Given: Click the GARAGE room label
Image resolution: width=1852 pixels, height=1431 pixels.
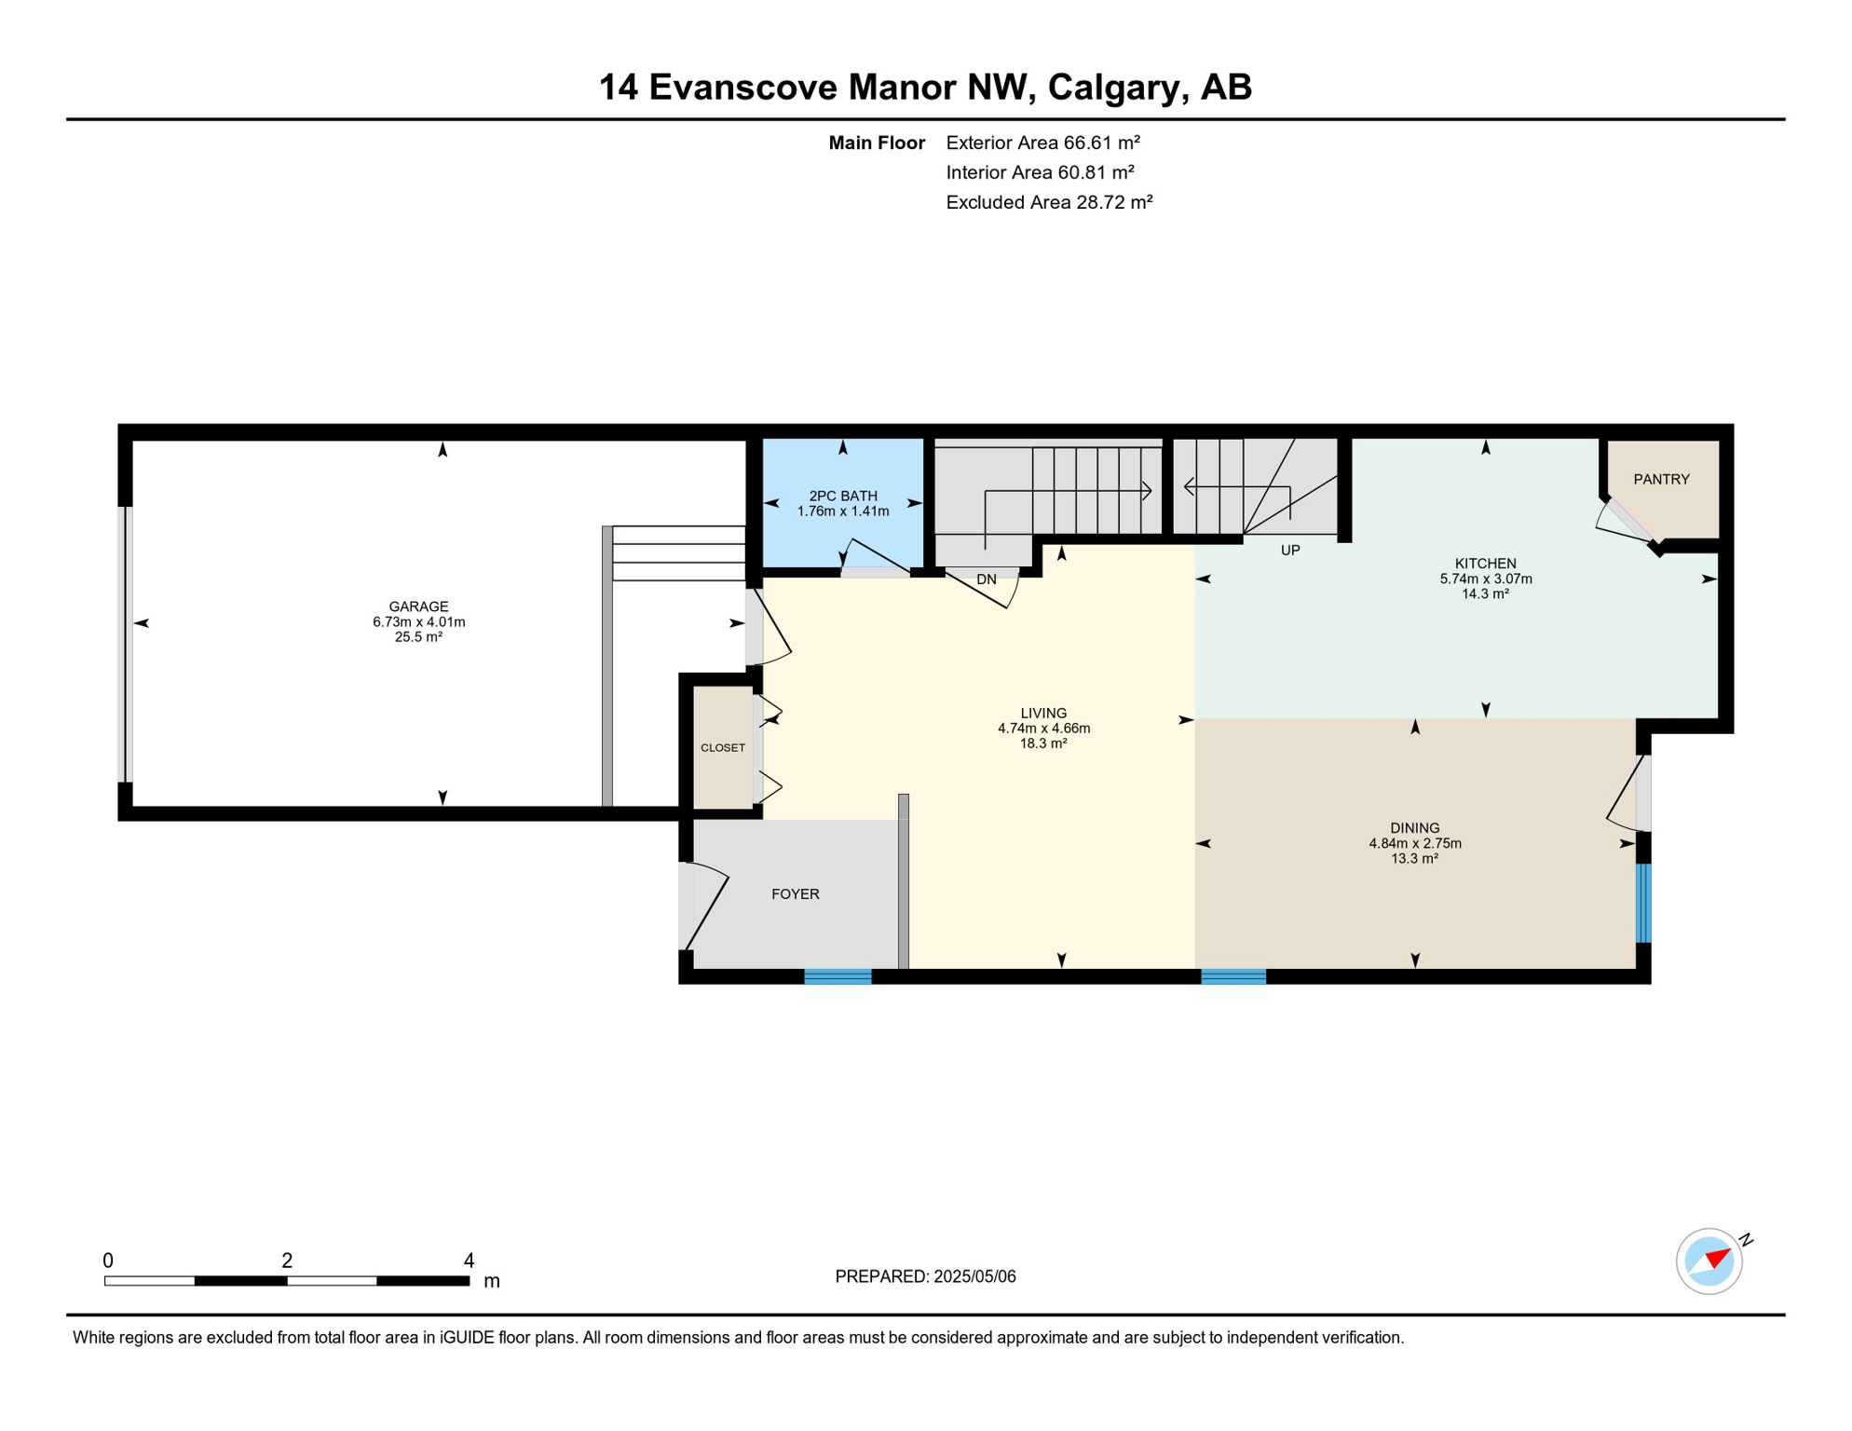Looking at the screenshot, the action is point(418,606).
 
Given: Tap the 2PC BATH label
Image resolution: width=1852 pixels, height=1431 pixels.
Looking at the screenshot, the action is point(843,497).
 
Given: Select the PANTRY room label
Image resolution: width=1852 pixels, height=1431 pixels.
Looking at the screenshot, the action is point(1661,479).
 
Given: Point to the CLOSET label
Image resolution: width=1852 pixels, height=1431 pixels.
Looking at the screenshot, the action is point(723,748).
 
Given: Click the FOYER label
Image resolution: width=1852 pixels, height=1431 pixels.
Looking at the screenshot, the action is point(796,894).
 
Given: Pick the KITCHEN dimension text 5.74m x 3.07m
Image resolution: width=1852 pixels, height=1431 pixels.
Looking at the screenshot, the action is point(1486,579).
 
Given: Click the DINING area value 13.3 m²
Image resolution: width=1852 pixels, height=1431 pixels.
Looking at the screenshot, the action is point(1415,859).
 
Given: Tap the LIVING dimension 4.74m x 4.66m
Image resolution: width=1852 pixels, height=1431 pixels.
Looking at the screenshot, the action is point(1043,729).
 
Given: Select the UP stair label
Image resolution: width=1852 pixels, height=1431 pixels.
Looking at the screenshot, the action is point(1290,551).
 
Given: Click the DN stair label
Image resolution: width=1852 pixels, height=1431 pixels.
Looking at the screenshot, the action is point(987,579).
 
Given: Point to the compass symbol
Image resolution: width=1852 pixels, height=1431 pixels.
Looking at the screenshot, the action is point(1709,1261).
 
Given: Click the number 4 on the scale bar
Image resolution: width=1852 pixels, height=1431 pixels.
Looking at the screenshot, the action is point(470,1261).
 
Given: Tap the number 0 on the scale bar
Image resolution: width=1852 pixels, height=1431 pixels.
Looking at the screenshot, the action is point(108,1261).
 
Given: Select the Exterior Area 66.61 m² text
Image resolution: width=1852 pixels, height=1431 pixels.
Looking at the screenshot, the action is point(1043,143).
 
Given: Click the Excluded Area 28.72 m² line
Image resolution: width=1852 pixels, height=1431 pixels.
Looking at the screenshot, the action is point(1050,202).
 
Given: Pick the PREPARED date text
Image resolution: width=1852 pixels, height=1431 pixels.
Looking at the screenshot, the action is point(925,1276).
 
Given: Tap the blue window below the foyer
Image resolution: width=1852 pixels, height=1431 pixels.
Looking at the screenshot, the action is point(837,976).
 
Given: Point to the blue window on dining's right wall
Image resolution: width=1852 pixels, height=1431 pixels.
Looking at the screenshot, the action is point(1643,904).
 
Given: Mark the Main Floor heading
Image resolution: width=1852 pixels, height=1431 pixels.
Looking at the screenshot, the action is point(877,143).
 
